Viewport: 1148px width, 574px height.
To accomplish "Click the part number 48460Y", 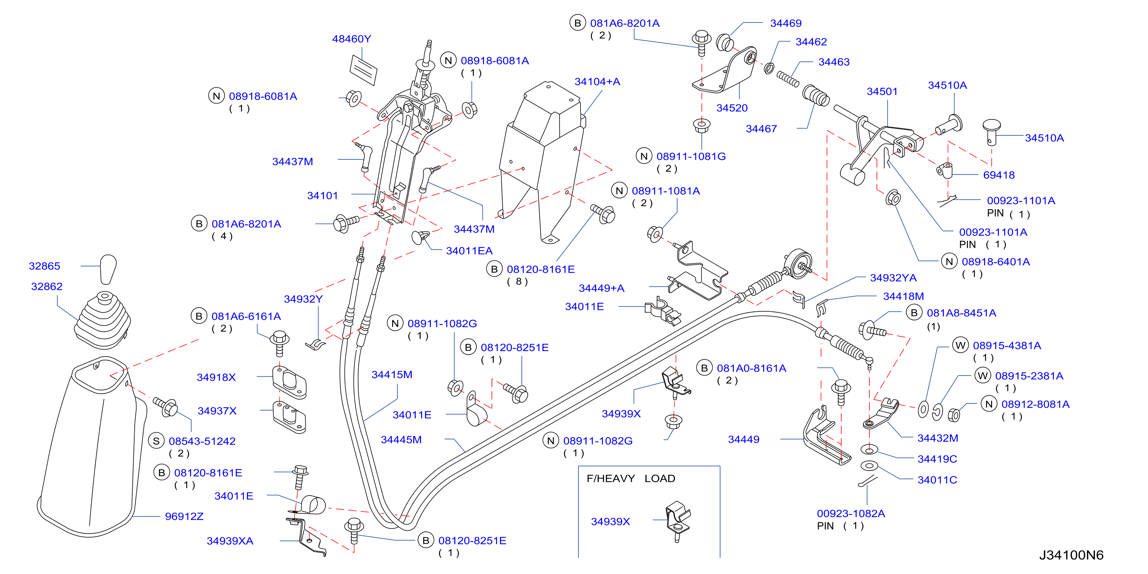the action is (x=351, y=39).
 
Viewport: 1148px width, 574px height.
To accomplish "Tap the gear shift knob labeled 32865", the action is (x=108, y=269).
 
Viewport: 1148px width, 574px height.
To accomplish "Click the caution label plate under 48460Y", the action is (x=363, y=70).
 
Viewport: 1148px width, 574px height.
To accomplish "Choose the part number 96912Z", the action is (x=184, y=516).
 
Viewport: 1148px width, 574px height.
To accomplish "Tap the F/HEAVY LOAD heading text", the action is (x=631, y=478).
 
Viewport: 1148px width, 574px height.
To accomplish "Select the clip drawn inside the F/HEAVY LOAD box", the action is (x=678, y=521).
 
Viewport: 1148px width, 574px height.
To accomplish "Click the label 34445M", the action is (x=401, y=440).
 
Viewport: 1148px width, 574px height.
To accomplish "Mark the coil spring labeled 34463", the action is (x=788, y=79).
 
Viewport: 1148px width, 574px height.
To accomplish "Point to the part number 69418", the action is (x=999, y=175).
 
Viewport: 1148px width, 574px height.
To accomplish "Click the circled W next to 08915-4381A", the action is (x=960, y=345).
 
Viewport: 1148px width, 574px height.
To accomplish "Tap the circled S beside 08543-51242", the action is (x=156, y=441).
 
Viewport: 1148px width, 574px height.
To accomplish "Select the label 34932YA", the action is (x=893, y=278).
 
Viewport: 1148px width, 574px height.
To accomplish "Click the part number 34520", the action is (x=732, y=108).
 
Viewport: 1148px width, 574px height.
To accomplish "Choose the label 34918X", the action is (x=216, y=378).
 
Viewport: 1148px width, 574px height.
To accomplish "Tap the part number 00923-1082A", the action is (x=851, y=513).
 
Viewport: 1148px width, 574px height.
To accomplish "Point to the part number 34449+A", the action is (x=601, y=288).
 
